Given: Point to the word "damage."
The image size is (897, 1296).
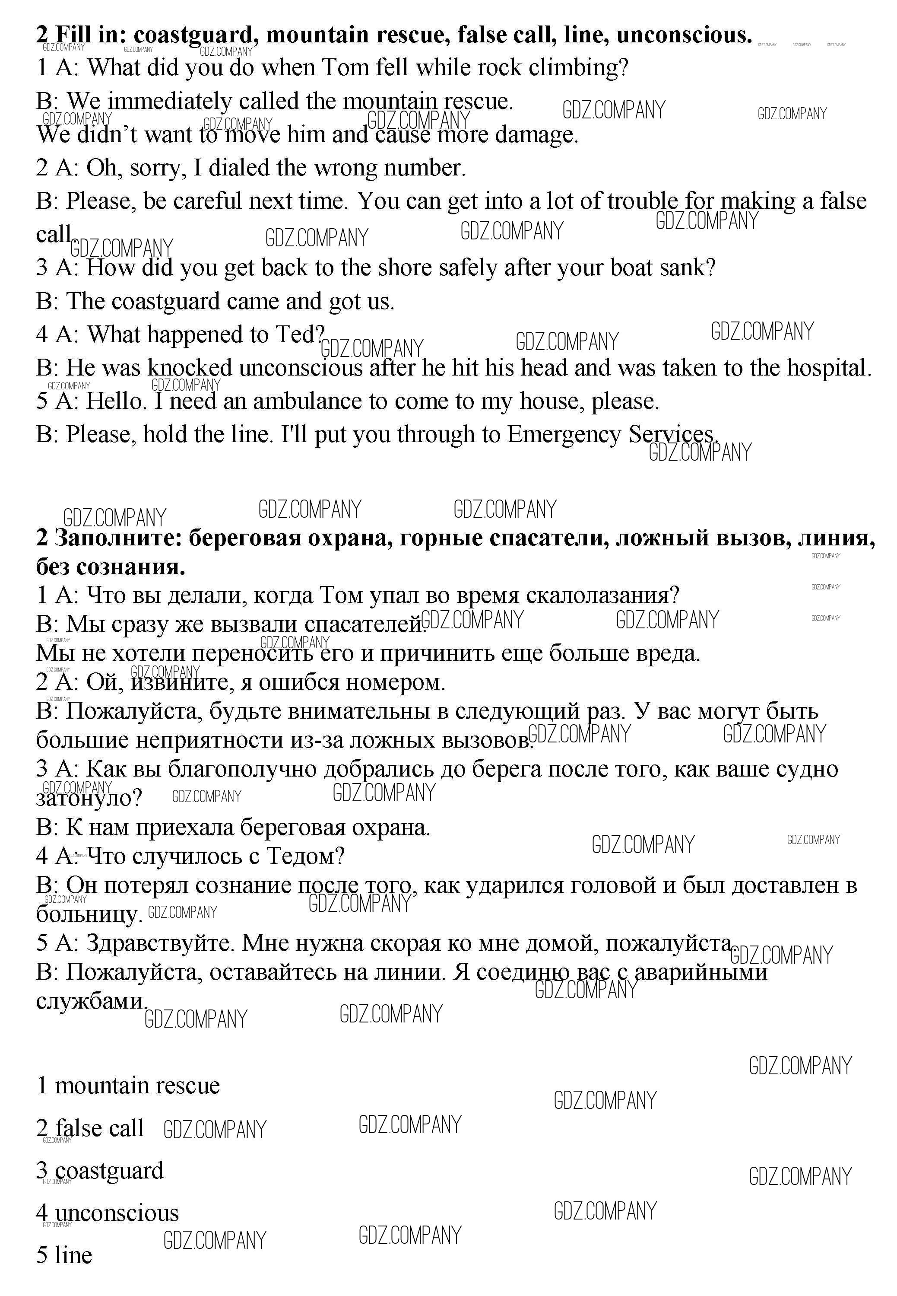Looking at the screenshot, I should click(537, 135).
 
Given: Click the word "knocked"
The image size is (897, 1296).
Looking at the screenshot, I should click(190, 368).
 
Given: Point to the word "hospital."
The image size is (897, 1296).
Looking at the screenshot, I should click(830, 368).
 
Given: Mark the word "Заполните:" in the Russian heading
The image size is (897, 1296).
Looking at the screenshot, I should click(118, 538).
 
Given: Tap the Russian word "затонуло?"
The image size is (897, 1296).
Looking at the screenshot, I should click(89, 798).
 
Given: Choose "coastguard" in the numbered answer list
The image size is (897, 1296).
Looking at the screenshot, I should click(109, 1171).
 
